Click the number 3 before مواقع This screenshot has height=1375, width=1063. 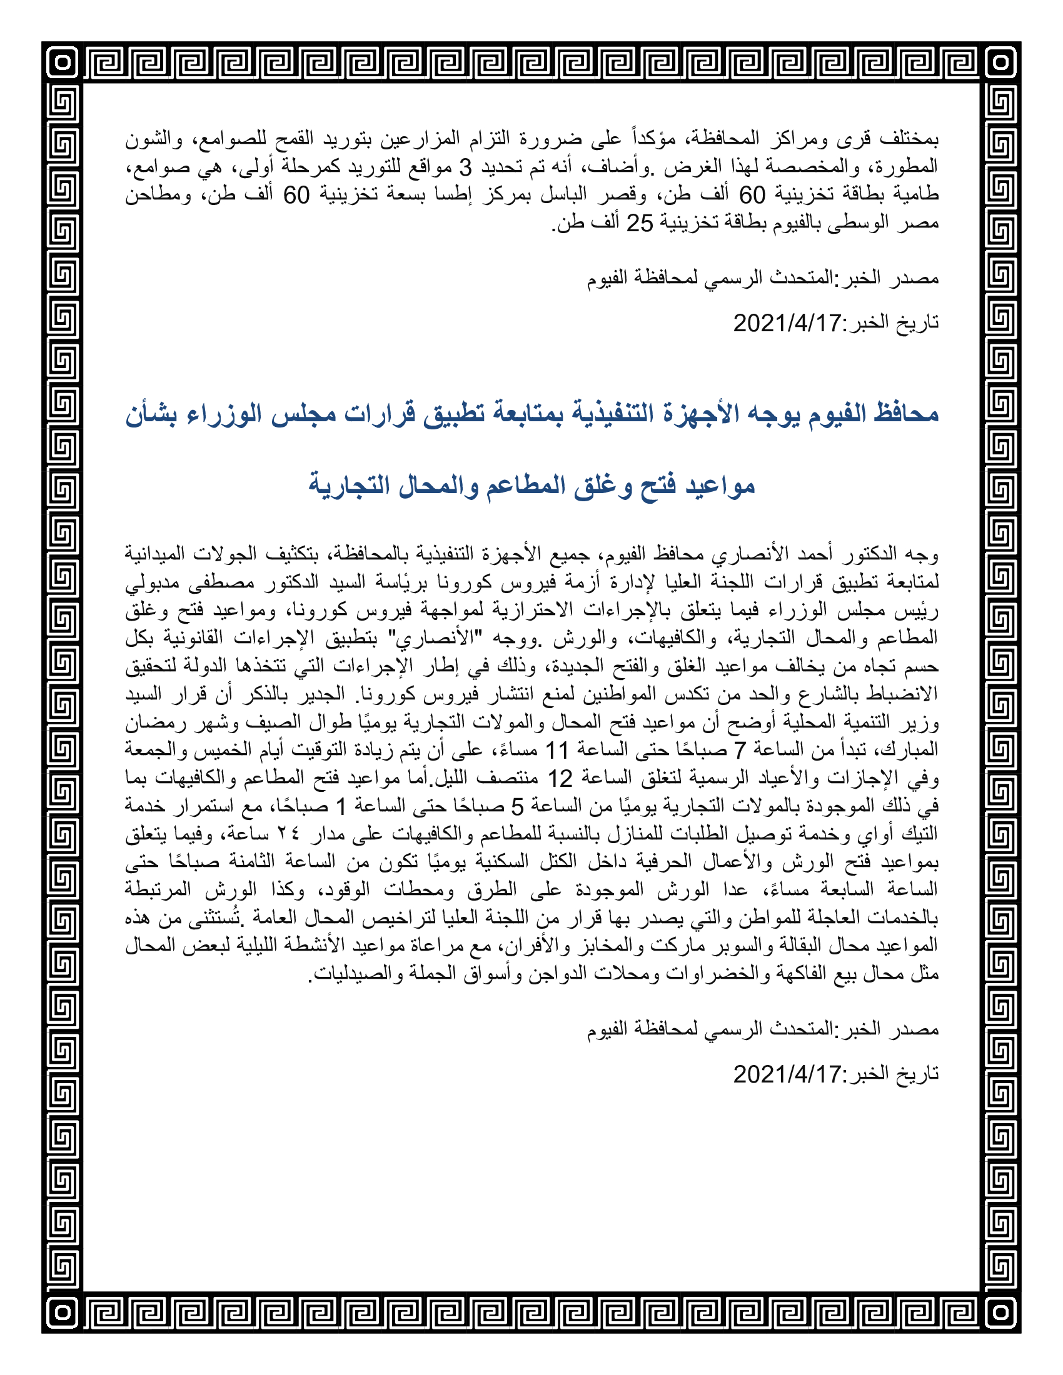pyautogui.click(x=465, y=167)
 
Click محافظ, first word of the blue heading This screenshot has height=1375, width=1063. pyautogui.click(x=903, y=414)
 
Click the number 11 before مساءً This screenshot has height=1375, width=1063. pyautogui.click(x=557, y=750)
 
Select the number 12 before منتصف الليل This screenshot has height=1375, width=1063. pyautogui.click(x=560, y=778)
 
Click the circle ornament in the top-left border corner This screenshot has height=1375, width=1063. pyautogui.click(x=62, y=62)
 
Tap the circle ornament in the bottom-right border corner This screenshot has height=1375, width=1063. pyautogui.click(x=1000, y=1313)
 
